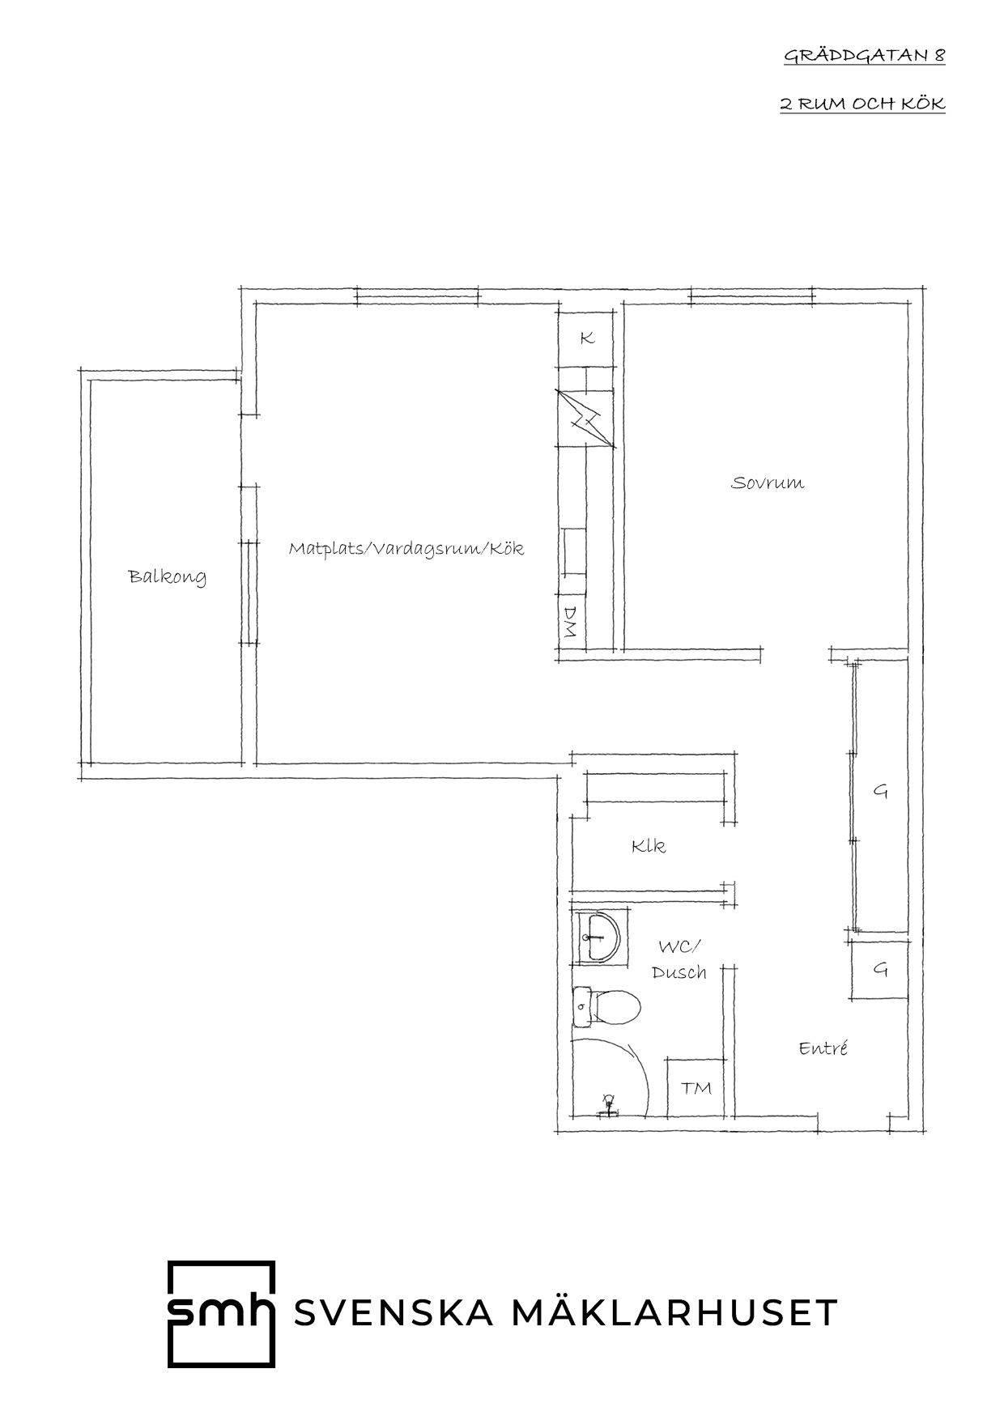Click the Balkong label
coord(168,577)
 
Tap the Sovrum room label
coord(768,483)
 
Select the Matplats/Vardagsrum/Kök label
coord(406,549)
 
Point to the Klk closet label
coord(649,847)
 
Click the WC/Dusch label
coord(679,959)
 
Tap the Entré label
coord(823,1048)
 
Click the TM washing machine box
coord(696,1088)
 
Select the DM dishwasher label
coord(570,622)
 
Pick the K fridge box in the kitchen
coord(586,338)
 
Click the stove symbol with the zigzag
coord(585,418)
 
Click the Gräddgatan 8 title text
coord(864,56)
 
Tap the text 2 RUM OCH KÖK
coord(862,104)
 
